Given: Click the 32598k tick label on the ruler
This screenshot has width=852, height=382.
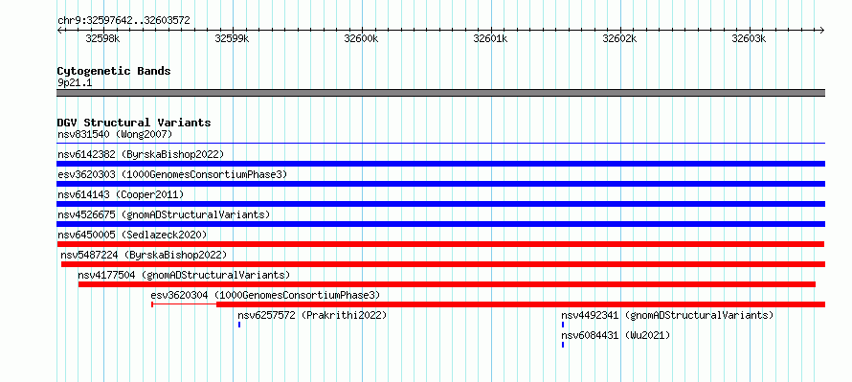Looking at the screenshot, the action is (103, 38).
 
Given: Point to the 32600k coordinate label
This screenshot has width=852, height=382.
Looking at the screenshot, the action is (361, 38).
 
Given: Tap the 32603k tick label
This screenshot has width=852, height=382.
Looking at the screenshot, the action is (749, 38).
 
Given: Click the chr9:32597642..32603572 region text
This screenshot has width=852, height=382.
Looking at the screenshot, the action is (123, 21).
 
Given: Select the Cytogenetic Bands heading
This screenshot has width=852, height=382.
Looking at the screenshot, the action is (114, 71).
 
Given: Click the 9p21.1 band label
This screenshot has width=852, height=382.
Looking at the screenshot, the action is (75, 83).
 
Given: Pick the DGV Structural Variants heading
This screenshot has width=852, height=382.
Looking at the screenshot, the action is (134, 123).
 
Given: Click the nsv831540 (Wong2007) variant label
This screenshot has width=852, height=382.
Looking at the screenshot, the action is (115, 134).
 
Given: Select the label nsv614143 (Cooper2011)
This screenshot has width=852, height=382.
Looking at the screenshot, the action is (121, 194).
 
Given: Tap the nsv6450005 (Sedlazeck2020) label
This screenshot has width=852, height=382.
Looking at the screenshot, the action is (132, 235).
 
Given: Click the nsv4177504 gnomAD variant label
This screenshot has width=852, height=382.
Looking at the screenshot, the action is (184, 275).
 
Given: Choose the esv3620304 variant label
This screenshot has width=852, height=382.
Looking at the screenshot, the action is (265, 295).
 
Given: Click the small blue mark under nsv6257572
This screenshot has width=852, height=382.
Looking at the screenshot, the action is (239, 325).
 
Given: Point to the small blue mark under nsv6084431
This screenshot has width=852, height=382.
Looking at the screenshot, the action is (563, 345).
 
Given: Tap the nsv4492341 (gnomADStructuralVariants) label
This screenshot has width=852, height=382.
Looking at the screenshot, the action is (667, 315).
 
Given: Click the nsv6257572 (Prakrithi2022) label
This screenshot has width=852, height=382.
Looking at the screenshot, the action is (312, 315).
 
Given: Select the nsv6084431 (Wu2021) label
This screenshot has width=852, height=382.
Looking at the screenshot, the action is (616, 335).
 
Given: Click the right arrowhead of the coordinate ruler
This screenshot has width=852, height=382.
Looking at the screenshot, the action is (822, 31).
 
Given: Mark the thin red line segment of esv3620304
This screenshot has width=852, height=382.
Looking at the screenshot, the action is (184, 304).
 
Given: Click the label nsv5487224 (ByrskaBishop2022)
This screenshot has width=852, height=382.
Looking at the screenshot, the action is (144, 255).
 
